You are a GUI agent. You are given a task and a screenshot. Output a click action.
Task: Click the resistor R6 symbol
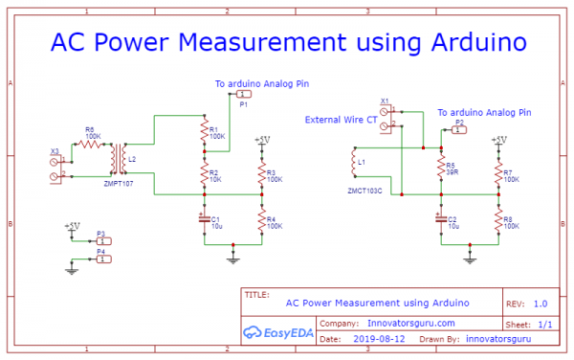[90, 144]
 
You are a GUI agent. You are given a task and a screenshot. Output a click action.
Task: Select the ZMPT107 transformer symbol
[119, 156]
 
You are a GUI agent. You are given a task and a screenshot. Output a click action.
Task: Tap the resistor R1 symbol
[203, 131]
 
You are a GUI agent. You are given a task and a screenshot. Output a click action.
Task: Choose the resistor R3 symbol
[260, 172]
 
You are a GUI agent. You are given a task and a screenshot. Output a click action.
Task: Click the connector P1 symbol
[244, 95]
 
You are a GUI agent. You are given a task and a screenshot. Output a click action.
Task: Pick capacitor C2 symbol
[441, 219]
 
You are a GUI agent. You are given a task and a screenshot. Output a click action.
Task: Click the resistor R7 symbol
[497, 173]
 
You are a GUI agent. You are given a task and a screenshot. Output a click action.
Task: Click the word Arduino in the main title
[469, 43]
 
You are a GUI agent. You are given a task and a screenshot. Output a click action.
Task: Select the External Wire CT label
[340, 120]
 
